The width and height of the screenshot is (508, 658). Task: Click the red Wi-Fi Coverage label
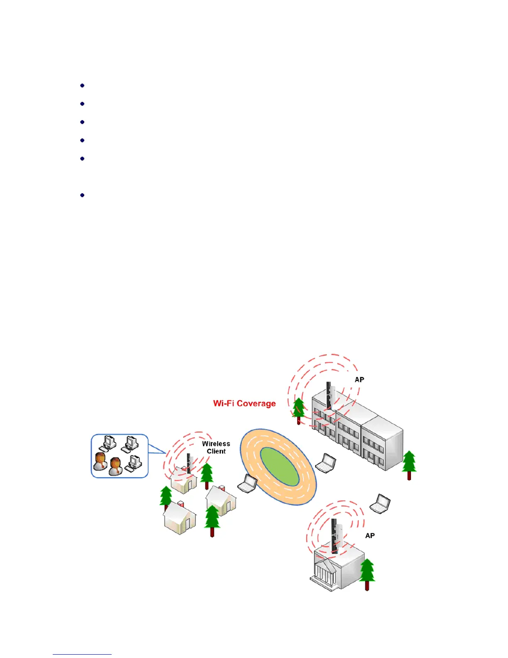point(244,403)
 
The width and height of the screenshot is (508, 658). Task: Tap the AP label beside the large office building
point(359,380)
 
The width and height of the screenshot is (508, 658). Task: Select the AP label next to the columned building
point(370,536)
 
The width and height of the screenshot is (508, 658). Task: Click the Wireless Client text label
point(216,447)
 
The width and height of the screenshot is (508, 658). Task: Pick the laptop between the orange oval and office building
point(326,463)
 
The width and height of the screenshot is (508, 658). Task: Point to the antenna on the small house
point(189,462)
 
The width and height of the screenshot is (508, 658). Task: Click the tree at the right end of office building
point(409,464)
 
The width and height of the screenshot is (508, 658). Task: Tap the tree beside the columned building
point(367,573)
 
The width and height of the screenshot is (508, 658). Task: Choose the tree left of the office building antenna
point(298,410)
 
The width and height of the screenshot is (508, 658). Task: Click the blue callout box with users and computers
point(120,456)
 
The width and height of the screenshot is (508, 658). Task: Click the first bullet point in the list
point(82,86)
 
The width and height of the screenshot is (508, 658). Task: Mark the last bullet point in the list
point(82,195)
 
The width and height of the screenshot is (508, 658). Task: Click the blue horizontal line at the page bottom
point(82,654)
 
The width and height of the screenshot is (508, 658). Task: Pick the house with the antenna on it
point(183,480)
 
